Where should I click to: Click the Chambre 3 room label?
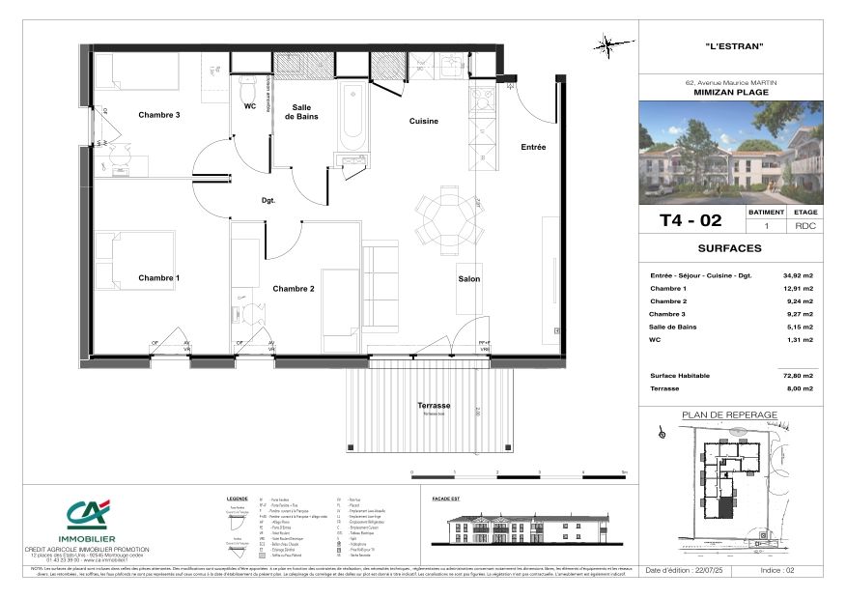click(x=159, y=115)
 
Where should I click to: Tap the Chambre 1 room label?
click(x=159, y=278)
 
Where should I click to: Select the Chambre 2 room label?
click(x=294, y=289)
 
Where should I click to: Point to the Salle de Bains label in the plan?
click(x=302, y=111)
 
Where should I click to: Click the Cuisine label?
click(x=423, y=122)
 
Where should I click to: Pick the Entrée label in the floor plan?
click(x=533, y=147)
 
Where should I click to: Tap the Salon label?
click(x=469, y=279)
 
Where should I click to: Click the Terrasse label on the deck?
click(x=434, y=406)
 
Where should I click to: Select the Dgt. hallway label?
click(x=268, y=201)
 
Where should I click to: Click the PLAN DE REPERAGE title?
click(x=730, y=415)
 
